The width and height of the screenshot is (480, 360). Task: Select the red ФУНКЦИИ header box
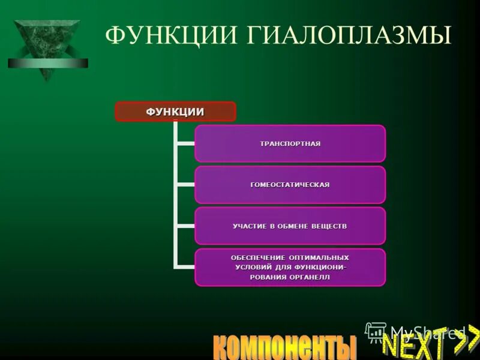pos(175,112)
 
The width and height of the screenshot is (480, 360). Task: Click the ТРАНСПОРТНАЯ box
pos(290,143)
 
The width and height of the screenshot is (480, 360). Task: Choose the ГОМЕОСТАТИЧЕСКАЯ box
pos(290,185)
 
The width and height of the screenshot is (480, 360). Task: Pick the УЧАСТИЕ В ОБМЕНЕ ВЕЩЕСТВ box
pos(290,226)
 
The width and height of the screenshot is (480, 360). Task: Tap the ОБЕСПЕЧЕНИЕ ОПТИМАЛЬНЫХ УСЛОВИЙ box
pos(290,267)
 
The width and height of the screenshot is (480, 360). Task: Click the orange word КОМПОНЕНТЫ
pos(284,347)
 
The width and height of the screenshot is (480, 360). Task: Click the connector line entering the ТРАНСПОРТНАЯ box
pos(184,144)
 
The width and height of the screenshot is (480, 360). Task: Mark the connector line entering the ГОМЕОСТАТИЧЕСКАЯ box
pos(184,185)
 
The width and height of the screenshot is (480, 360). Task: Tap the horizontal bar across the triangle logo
pos(48,63)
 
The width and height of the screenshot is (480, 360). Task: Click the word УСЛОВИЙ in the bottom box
pos(254,267)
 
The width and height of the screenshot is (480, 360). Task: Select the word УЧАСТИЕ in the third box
pos(250,226)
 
